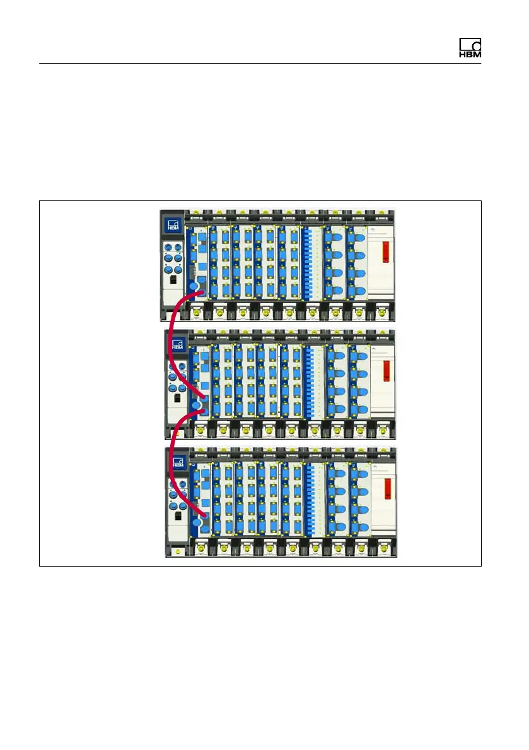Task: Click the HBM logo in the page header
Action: click(470, 49)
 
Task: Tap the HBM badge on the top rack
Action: click(173, 226)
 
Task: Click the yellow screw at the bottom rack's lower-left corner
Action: click(178, 551)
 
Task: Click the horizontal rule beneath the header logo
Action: click(260, 64)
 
